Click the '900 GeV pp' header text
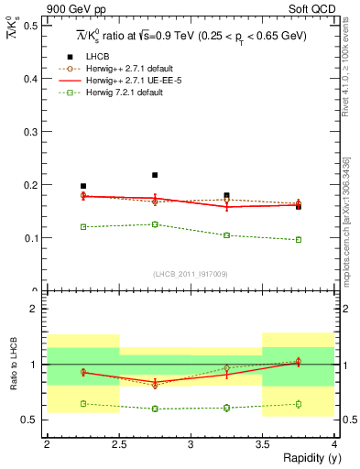74,9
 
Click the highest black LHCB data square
155,175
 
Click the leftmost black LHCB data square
83,186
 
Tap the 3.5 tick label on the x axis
262,444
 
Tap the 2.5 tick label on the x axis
118,444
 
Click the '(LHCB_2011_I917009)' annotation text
191,274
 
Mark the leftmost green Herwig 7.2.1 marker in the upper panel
83,226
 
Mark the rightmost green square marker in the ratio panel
299,403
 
